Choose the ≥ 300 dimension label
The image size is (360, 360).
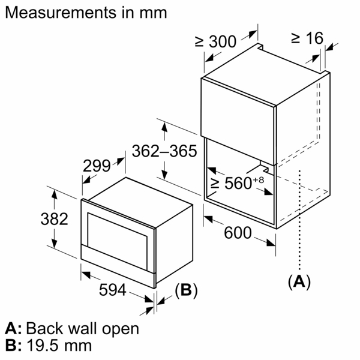pyautogui.click(x=215, y=41)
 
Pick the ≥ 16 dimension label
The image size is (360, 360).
pyautogui.click(x=307, y=38)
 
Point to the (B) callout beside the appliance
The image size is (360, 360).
pyautogui.click(x=185, y=290)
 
